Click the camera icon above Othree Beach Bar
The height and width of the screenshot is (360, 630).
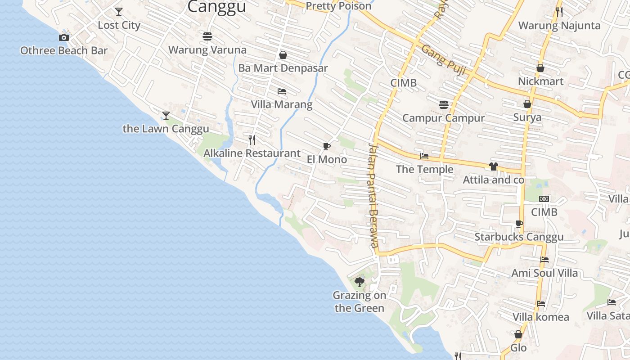(x=64, y=37)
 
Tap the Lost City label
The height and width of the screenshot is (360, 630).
(x=119, y=25)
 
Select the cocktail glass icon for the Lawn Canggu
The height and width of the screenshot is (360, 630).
(x=166, y=116)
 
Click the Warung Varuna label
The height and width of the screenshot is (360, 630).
(x=207, y=49)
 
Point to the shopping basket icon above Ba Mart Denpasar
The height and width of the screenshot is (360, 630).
(x=283, y=55)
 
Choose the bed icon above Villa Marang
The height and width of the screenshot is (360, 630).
(x=282, y=91)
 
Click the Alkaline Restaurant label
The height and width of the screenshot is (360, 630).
(x=252, y=153)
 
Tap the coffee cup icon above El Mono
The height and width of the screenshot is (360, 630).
(x=327, y=146)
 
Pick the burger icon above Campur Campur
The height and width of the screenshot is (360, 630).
(x=444, y=105)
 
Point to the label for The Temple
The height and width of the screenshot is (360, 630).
(x=424, y=169)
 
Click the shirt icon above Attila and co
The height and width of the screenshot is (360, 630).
(x=494, y=166)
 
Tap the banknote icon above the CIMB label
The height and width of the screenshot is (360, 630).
(x=544, y=199)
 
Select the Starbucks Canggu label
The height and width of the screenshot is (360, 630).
(x=519, y=237)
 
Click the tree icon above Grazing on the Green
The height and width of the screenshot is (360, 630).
(x=359, y=282)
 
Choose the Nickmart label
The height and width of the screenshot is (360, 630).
(x=540, y=81)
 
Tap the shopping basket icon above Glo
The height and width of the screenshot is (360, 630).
(x=518, y=334)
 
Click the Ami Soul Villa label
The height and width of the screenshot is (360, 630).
(x=544, y=273)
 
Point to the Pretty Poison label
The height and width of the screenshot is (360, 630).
(x=338, y=6)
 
